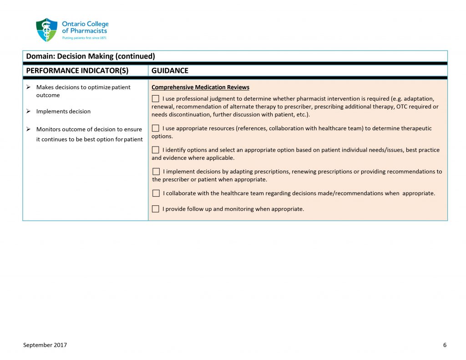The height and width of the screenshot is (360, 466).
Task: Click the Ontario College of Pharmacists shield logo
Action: point(46,30)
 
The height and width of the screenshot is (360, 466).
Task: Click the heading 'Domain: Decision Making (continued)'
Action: point(91,56)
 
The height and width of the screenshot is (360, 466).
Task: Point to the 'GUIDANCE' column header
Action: point(170,71)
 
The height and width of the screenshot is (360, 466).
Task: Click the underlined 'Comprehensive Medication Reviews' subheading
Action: point(200,87)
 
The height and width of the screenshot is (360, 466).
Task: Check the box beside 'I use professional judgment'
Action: point(156,99)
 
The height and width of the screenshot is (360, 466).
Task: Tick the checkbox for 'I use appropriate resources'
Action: point(156,128)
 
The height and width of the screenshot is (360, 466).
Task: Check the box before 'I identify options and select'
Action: point(156,150)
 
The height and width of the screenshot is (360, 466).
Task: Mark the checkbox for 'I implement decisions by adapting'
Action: point(156,172)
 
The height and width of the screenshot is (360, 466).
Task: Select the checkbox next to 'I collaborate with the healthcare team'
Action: point(156,193)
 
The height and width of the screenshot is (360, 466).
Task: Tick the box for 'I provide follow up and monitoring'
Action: point(156,209)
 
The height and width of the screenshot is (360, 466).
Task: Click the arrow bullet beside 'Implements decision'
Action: point(29,112)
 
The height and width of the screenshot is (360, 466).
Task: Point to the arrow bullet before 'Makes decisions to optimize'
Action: point(29,87)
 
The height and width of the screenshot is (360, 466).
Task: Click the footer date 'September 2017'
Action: point(45,345)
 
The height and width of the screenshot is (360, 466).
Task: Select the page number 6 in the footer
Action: point(445,345)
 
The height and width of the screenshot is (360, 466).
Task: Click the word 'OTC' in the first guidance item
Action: point(403,107)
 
